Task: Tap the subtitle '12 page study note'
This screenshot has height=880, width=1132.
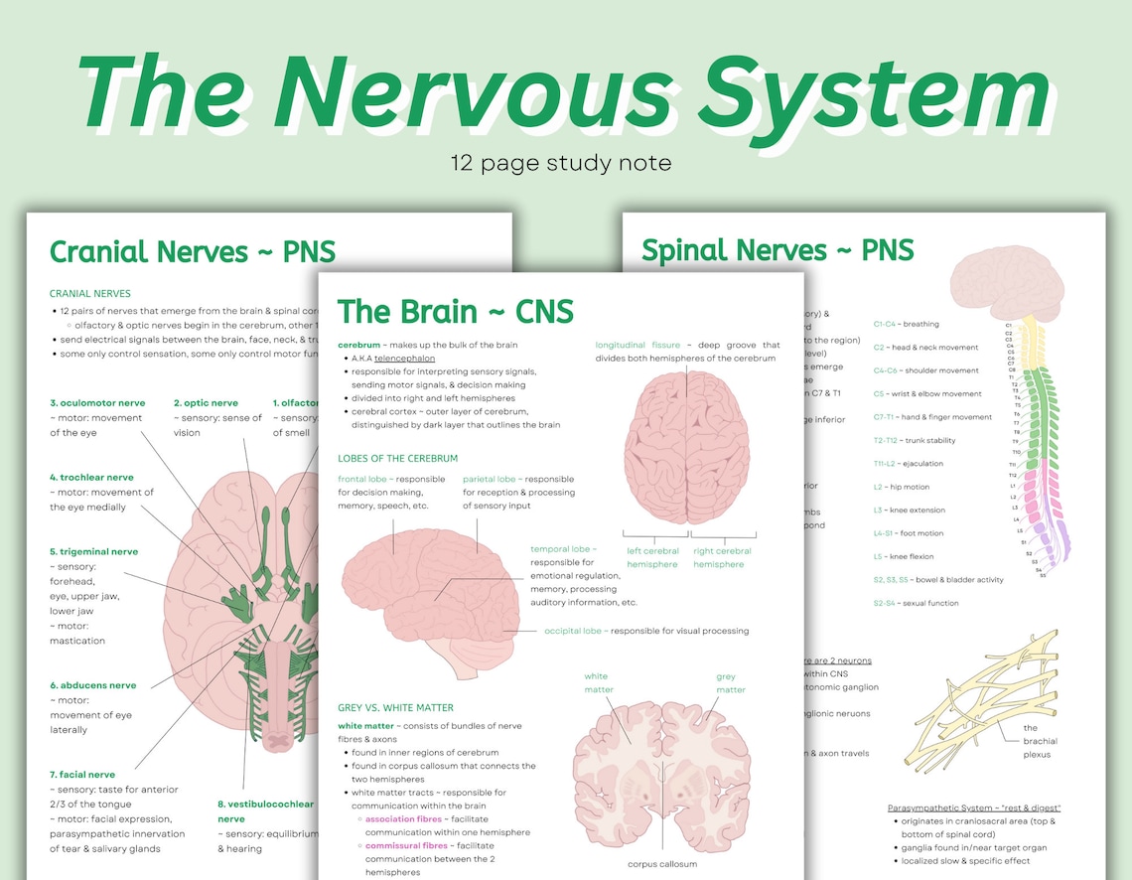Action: [560, 162]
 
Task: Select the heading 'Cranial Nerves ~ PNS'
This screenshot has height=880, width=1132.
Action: [193, 251]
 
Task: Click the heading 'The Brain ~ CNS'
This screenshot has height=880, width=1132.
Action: [455, 311]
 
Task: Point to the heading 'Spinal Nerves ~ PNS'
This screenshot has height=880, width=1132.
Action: [777, 249]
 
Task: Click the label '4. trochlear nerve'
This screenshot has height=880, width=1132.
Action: [91, 478]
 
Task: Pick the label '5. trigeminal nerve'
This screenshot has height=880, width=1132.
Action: [94, 551]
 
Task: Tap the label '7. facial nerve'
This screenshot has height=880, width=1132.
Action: [82, 775]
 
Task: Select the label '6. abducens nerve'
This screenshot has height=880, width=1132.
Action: [93, 685]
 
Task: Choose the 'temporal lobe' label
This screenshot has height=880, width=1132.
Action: [561, 548]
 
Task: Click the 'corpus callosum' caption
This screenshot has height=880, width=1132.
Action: [662, 864]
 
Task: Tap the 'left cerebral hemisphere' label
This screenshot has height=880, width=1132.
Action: [652, 558]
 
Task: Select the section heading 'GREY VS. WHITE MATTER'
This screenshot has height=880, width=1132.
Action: [395, 707]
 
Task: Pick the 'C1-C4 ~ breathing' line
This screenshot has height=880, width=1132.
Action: [906, 324]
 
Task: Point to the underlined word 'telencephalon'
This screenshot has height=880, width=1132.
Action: [404, 358]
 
